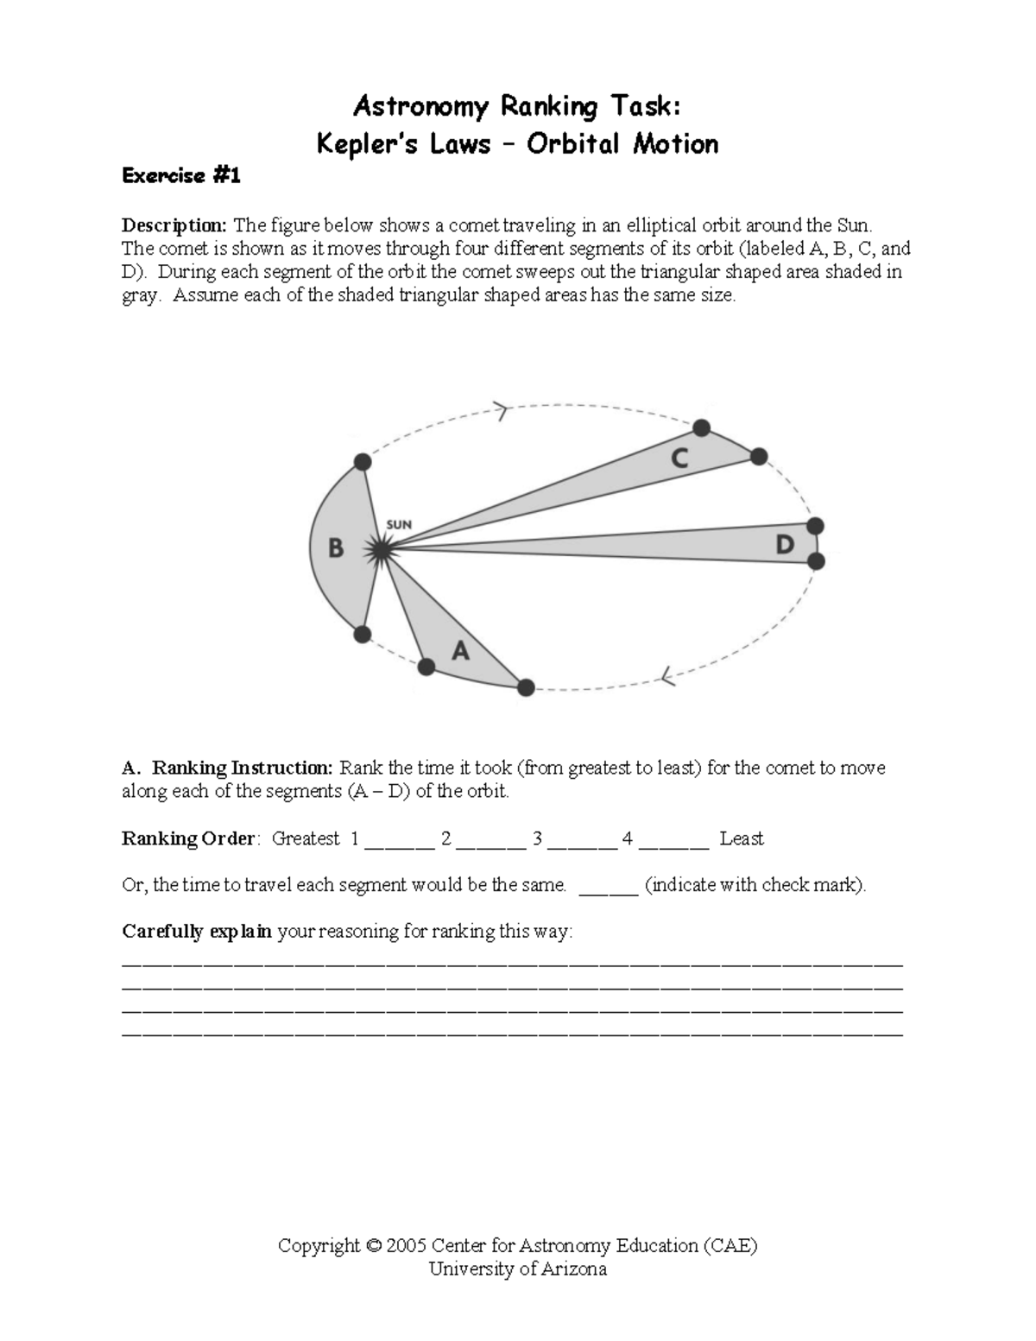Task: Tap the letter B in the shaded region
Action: (336, 548)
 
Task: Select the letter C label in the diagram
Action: (680, 459)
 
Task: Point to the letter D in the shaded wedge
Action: (784, 545)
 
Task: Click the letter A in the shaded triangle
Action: (461, 650)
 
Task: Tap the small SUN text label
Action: (399, 524)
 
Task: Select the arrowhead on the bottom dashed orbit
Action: (666, 678)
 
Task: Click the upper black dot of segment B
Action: (363, 463)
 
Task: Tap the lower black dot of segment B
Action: (363, 635)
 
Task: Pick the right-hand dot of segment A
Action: (526, 687)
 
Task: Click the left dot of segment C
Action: (702, 427)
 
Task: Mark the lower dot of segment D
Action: (816, 562)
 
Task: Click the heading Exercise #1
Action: (181, 176)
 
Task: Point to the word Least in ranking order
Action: (742, 838)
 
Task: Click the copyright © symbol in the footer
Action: (373, 1246)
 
